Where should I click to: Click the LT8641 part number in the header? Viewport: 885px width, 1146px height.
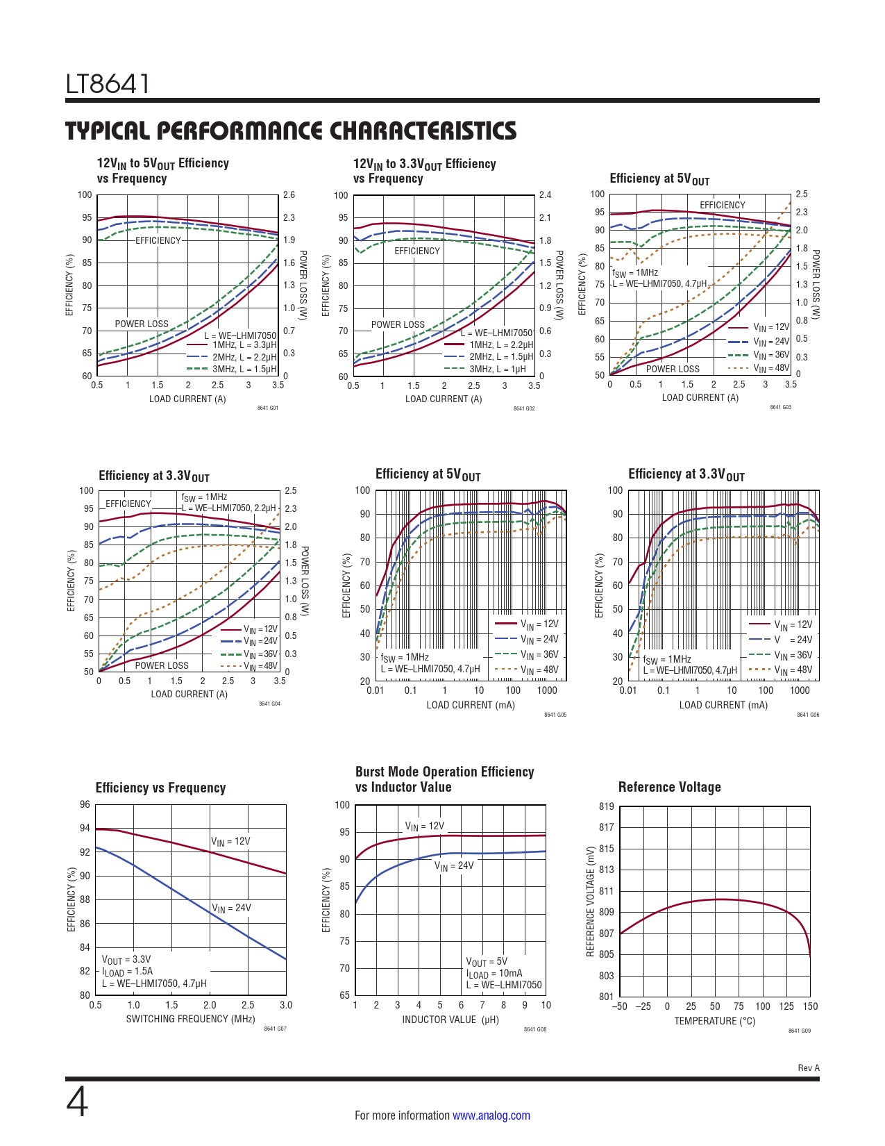tap(108, 84)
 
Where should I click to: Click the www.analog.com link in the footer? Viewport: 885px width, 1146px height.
tap(491, 1115)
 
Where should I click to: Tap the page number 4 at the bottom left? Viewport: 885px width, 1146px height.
tap(77, 1102)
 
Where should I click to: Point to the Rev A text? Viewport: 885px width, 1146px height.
tap(808, 1068)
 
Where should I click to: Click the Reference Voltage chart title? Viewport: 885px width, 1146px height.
tap(669, 787)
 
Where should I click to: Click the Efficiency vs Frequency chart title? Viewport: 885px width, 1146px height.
tap(160, 788)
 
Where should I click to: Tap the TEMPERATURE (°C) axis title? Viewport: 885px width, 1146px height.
tap(714, 1021)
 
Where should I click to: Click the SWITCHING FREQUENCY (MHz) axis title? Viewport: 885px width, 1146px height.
tap(190, 1019)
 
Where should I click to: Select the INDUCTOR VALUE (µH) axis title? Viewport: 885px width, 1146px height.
tap(450, 1020)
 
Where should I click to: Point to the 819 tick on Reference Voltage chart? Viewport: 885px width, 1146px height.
tap(606, 806)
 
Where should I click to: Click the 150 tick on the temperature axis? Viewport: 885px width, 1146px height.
tap(810, 1006)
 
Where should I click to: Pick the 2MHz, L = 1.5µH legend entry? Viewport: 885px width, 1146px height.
tap(501, 357)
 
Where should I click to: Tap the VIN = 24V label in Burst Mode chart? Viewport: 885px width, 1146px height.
tap(454, 865)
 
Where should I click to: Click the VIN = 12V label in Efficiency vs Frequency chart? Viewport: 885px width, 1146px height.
tap(230, 842)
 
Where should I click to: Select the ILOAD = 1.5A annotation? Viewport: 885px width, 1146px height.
tap(128, 972)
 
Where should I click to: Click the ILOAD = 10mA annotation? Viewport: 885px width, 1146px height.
tap(494, 974)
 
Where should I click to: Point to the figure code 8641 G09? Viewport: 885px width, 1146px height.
tap(799, 1031)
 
